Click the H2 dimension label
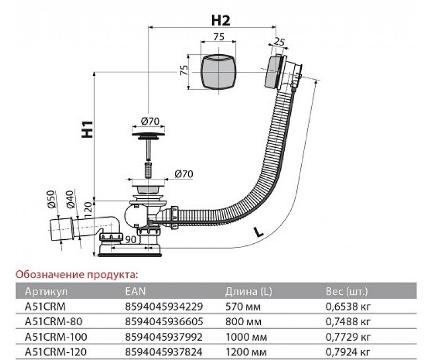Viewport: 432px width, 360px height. pyautogui.click(x=220, y=21)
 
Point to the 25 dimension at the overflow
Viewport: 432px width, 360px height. pyautogui.click(x=279, y=42)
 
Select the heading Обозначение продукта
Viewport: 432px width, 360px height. pyautogui.click(x=76, y=274)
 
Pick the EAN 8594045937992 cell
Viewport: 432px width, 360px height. pyautogui.click(x=164, y=336)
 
